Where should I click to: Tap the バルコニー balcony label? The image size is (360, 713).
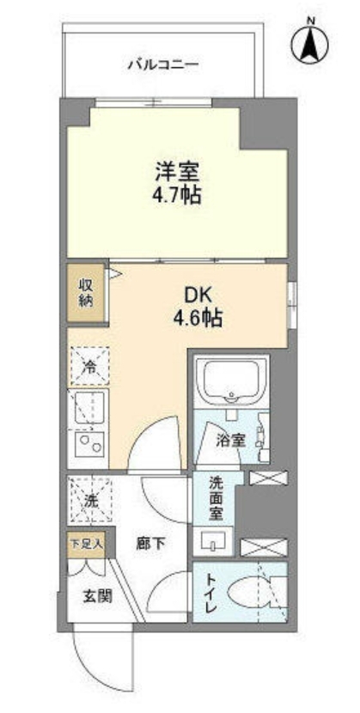click(x=162, y=65)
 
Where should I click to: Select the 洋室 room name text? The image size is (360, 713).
click(x=177, y=172)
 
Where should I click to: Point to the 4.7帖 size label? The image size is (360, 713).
click(x=177, y=196)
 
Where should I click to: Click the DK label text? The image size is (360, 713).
click(x=198, y=296)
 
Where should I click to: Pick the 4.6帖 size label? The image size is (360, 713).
click(x=198, y=320)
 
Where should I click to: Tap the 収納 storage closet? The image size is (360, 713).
click(x=86, y=293)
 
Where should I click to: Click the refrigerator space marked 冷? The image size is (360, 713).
click(x=90, y=367)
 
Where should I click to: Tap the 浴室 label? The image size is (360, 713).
click(x=231, y=440)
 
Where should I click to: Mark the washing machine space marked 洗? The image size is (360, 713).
click(x=90, y=500)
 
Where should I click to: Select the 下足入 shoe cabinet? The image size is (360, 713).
click(x=87, y=545)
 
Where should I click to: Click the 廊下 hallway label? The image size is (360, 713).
click(x=150, y=544)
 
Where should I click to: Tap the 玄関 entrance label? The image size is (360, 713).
click(x=97, y=595)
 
